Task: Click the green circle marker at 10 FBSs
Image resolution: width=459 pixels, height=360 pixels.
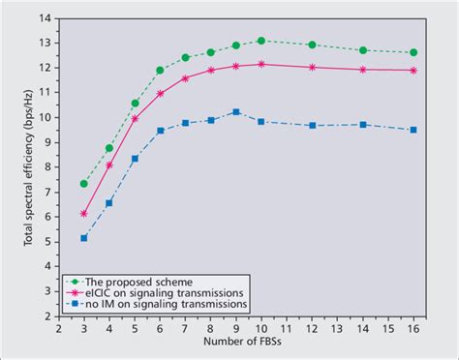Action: [261, 41]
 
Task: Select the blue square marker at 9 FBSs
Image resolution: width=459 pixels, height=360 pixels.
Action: [236, 112]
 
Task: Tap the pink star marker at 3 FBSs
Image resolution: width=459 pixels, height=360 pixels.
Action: [84, 213]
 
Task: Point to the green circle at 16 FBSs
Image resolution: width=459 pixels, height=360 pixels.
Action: [413, 52]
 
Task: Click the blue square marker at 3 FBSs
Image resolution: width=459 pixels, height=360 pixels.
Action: [84, 237]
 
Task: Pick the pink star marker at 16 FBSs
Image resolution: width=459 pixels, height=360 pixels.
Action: [413, 71]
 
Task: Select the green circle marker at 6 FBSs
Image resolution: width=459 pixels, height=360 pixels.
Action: [160, 70]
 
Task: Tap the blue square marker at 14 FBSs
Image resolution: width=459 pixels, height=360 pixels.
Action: [363, 125]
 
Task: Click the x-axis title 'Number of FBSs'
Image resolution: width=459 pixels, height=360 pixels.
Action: [236, 345]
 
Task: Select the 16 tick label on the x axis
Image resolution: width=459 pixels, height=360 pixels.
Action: [413, 327]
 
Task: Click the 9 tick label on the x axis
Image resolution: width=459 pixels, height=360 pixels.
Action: [236, 327]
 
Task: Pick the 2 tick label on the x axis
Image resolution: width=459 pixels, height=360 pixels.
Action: [59, 327]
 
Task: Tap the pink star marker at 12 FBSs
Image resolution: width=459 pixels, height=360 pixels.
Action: [312, 67]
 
